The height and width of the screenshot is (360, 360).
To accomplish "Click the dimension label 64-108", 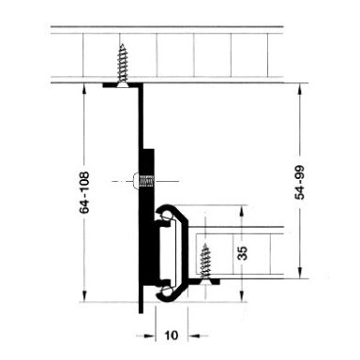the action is click(x=84, y=192).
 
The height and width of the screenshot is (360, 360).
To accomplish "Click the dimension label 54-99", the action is click(x=300, y=183).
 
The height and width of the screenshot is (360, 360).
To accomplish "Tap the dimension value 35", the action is click(x=243, y=253).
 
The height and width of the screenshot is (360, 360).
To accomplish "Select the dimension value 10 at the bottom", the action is click(x=172, y=336).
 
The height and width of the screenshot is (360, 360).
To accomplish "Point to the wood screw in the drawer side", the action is click(x=205, y=262).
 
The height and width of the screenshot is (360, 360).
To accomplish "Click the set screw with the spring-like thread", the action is click(x=142, y=181).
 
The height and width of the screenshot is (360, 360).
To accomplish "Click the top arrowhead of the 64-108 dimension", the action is click(x=83, y=89).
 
